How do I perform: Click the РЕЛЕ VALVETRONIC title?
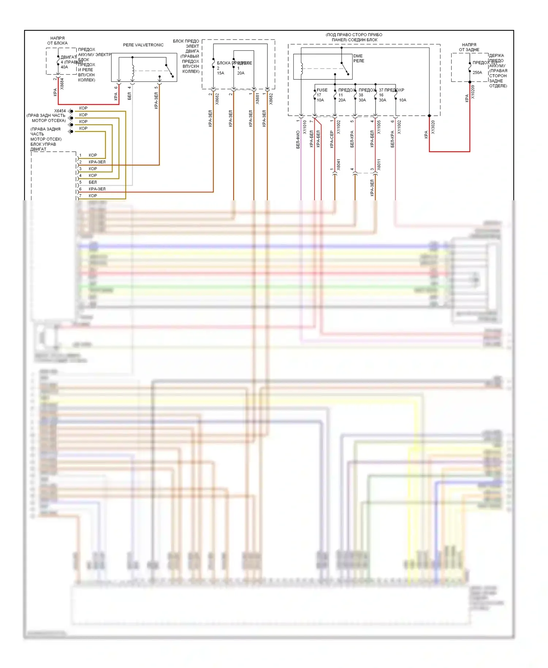(x=143, y=45)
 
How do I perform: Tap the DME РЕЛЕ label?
(x=358, y=58)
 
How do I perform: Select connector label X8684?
(x=62, y=84)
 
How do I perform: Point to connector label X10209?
(x=473, y=92)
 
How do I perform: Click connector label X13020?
(x=433, y=127)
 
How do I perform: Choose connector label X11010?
(x=305, y=127)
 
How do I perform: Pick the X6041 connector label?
(x=339, y=165)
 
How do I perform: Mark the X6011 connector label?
(x=379, y=165)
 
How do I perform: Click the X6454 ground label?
(x=60, y=111)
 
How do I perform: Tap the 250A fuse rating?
(x=477, y=73)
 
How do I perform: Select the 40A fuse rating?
(x=64, y=67)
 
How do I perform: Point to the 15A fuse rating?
(x=220, y=73)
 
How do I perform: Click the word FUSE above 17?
(x=322, y=90)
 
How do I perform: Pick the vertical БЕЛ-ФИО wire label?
(x=298, y=139)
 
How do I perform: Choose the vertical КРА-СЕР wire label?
(x=332, y=139)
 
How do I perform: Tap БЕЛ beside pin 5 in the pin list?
(x=93, y=182)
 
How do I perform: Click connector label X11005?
(x=379, y=127)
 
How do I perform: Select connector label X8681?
(x=257, y=99)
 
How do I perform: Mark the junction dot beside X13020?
(x=429, y=116)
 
